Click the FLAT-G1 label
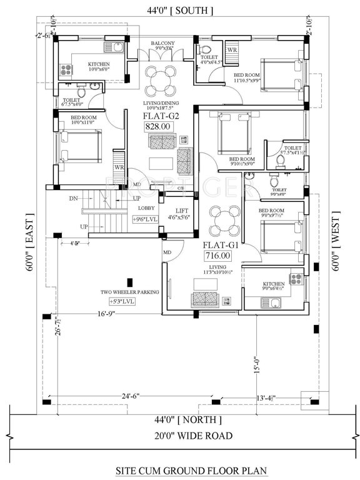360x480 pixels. [x=218, y=245]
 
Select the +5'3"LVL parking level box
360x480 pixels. [x=121, y=301]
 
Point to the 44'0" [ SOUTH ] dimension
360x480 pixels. [x=180, y=11]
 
